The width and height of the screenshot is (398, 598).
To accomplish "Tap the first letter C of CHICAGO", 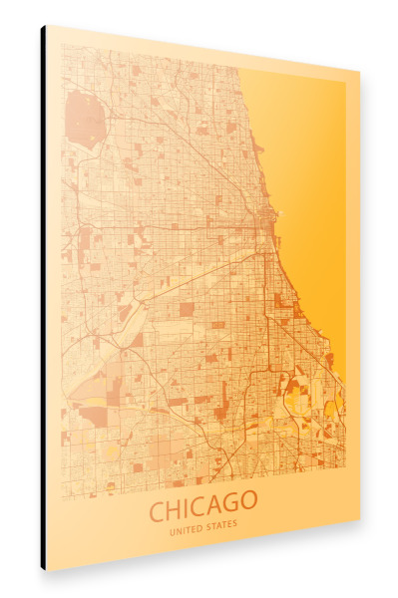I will coord(158,511).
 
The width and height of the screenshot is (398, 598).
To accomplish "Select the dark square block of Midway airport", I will coord(187,310).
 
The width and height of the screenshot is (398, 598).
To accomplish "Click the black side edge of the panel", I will coord(43,299).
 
